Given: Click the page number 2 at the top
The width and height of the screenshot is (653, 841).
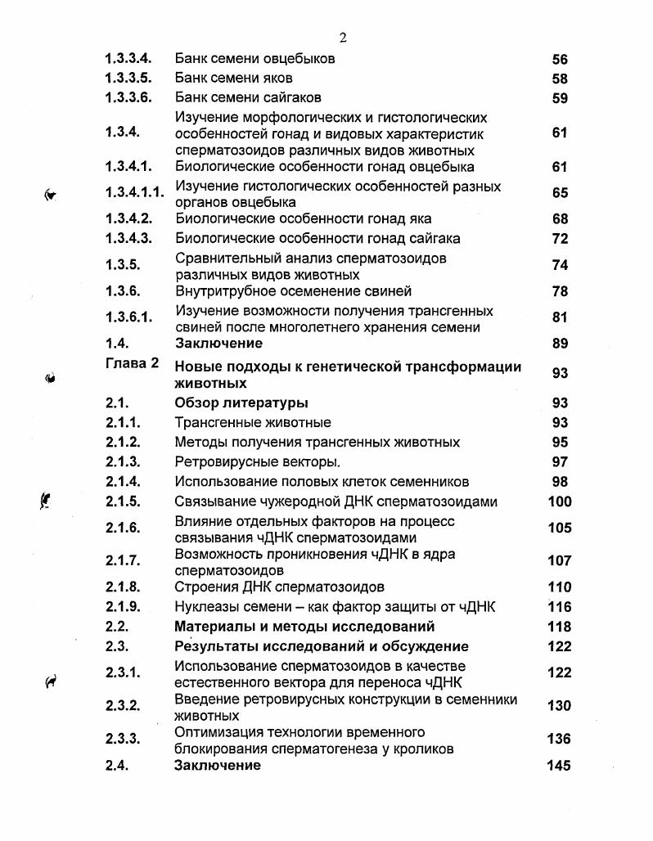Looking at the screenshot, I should pos(343,38).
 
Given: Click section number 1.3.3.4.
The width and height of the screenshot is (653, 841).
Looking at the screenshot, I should pos(128,59).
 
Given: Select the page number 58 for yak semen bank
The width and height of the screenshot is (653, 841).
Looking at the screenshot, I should pos(560,79).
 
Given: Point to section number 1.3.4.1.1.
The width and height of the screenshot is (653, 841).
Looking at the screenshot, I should pos(134,193).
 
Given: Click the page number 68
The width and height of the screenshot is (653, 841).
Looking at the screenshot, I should pos(560,219).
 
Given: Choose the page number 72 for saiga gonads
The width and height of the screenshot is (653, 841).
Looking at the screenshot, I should pos(560,239).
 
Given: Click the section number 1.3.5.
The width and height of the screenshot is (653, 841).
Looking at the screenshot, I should pos(124,265).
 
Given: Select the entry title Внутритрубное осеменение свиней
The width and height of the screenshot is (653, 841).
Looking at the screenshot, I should pos(293,291).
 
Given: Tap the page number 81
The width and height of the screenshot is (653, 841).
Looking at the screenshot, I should pos(560,317).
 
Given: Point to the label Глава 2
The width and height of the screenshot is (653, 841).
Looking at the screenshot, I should pos(132,363).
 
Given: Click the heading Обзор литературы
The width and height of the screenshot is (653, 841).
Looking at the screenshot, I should pos(241,403).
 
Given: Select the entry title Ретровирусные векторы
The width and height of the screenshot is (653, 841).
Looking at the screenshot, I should pos(258,462).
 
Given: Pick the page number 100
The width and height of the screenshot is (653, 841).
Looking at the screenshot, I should pos(560,501).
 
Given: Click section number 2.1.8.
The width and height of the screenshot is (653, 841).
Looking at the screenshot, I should pos(124,587).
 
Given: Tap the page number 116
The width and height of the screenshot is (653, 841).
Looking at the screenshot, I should pos(560,607).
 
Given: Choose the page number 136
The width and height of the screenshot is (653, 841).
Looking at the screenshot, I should pos(559,739).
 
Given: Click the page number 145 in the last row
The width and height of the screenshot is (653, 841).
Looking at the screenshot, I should pos(558,766).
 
